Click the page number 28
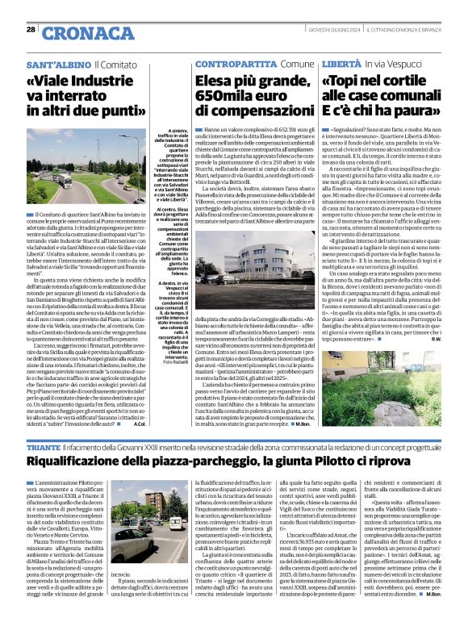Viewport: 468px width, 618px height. [31, 29]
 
